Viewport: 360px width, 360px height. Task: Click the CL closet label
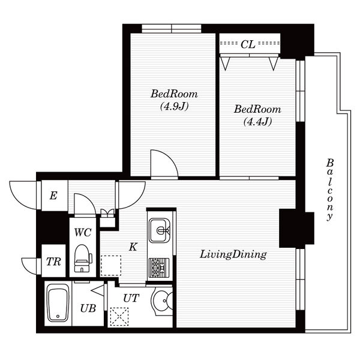248,44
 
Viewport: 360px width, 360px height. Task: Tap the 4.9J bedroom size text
174,106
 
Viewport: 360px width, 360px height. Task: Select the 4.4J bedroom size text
257,121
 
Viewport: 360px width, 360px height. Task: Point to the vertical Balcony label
330,190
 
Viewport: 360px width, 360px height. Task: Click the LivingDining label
233,254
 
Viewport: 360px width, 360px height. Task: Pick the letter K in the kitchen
133,247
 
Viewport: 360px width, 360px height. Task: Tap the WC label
83,232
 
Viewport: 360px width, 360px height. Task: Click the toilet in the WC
83,258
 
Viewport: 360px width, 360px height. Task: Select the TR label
53,262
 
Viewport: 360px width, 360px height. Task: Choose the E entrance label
53,196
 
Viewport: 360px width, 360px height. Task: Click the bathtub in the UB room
58,303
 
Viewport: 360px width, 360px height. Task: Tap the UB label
88,308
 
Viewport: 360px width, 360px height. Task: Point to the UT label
131,298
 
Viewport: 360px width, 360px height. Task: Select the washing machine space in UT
119,317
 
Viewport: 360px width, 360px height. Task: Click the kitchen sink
160,230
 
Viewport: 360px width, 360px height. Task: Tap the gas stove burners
159,268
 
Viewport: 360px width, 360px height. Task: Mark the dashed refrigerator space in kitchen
111,265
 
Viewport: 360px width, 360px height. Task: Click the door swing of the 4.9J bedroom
164,163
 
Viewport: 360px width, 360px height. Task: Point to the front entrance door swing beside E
23,195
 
